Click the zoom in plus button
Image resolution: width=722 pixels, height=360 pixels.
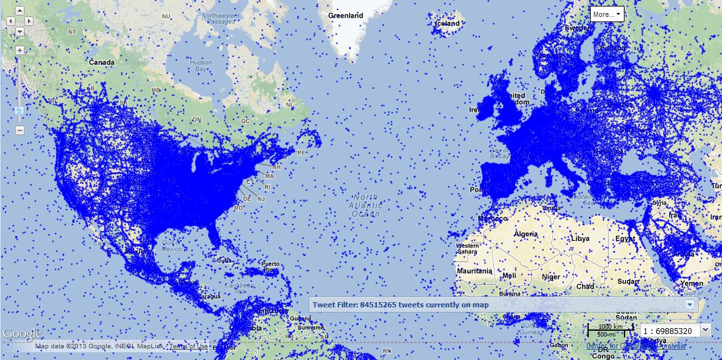[19, 50]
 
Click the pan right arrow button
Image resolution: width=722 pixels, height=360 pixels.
[29, 21]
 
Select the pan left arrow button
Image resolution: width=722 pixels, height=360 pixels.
[10, 21]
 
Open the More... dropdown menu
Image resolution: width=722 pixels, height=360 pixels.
[607, 14]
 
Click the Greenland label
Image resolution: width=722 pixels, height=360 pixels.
[346, 15]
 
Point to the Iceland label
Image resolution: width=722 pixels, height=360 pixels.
[448, 23]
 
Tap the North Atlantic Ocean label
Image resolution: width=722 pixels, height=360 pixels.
[365, 205]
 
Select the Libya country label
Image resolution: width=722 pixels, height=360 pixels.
[580, 238]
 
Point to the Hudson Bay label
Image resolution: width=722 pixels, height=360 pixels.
[200, 66]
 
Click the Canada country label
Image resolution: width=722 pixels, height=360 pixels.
[101, 62]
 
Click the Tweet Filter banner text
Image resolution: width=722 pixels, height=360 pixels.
[400, 305]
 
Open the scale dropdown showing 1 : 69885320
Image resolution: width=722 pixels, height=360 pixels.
[706, 331]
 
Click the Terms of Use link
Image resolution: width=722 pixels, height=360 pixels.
[188, 346]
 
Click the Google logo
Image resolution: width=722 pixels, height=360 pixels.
[21, 334]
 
